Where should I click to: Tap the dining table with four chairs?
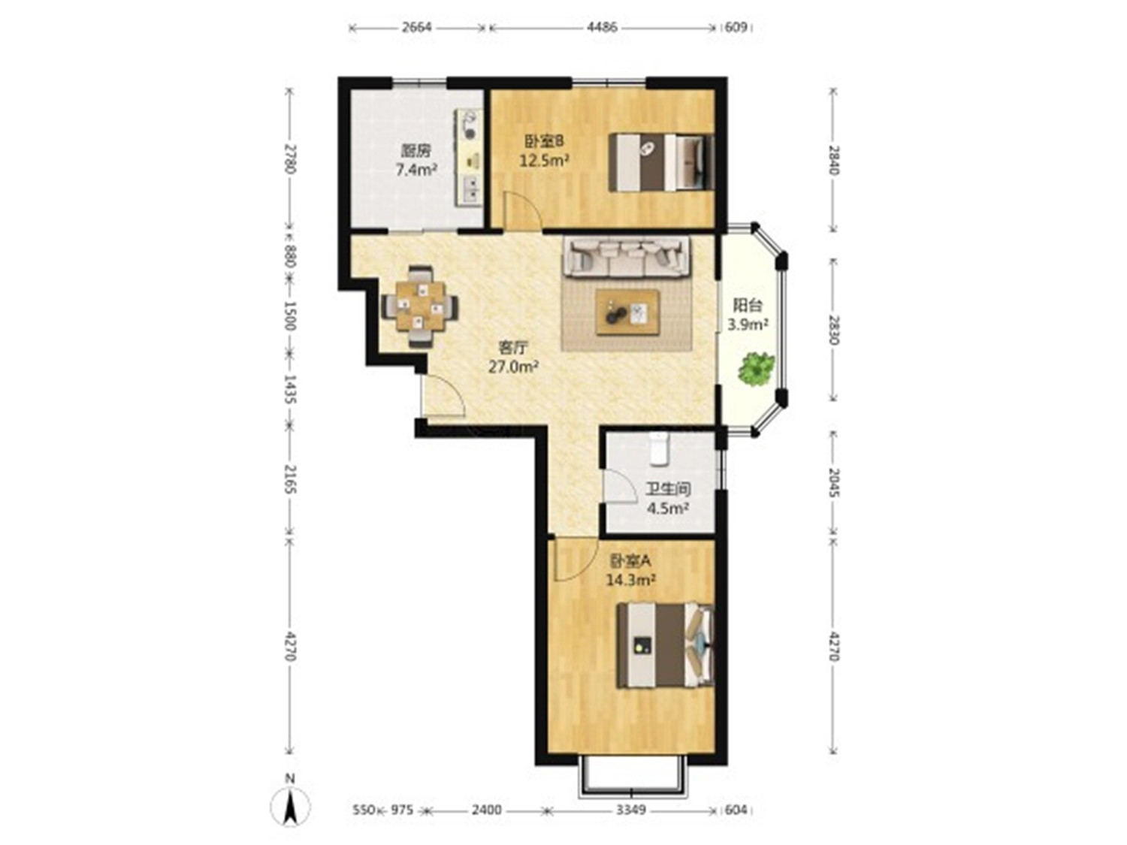tap(421, 306)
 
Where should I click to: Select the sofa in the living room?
tap(627, 256)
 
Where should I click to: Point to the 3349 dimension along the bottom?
tap(631, 810)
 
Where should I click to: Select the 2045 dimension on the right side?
tap(834, 482)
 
